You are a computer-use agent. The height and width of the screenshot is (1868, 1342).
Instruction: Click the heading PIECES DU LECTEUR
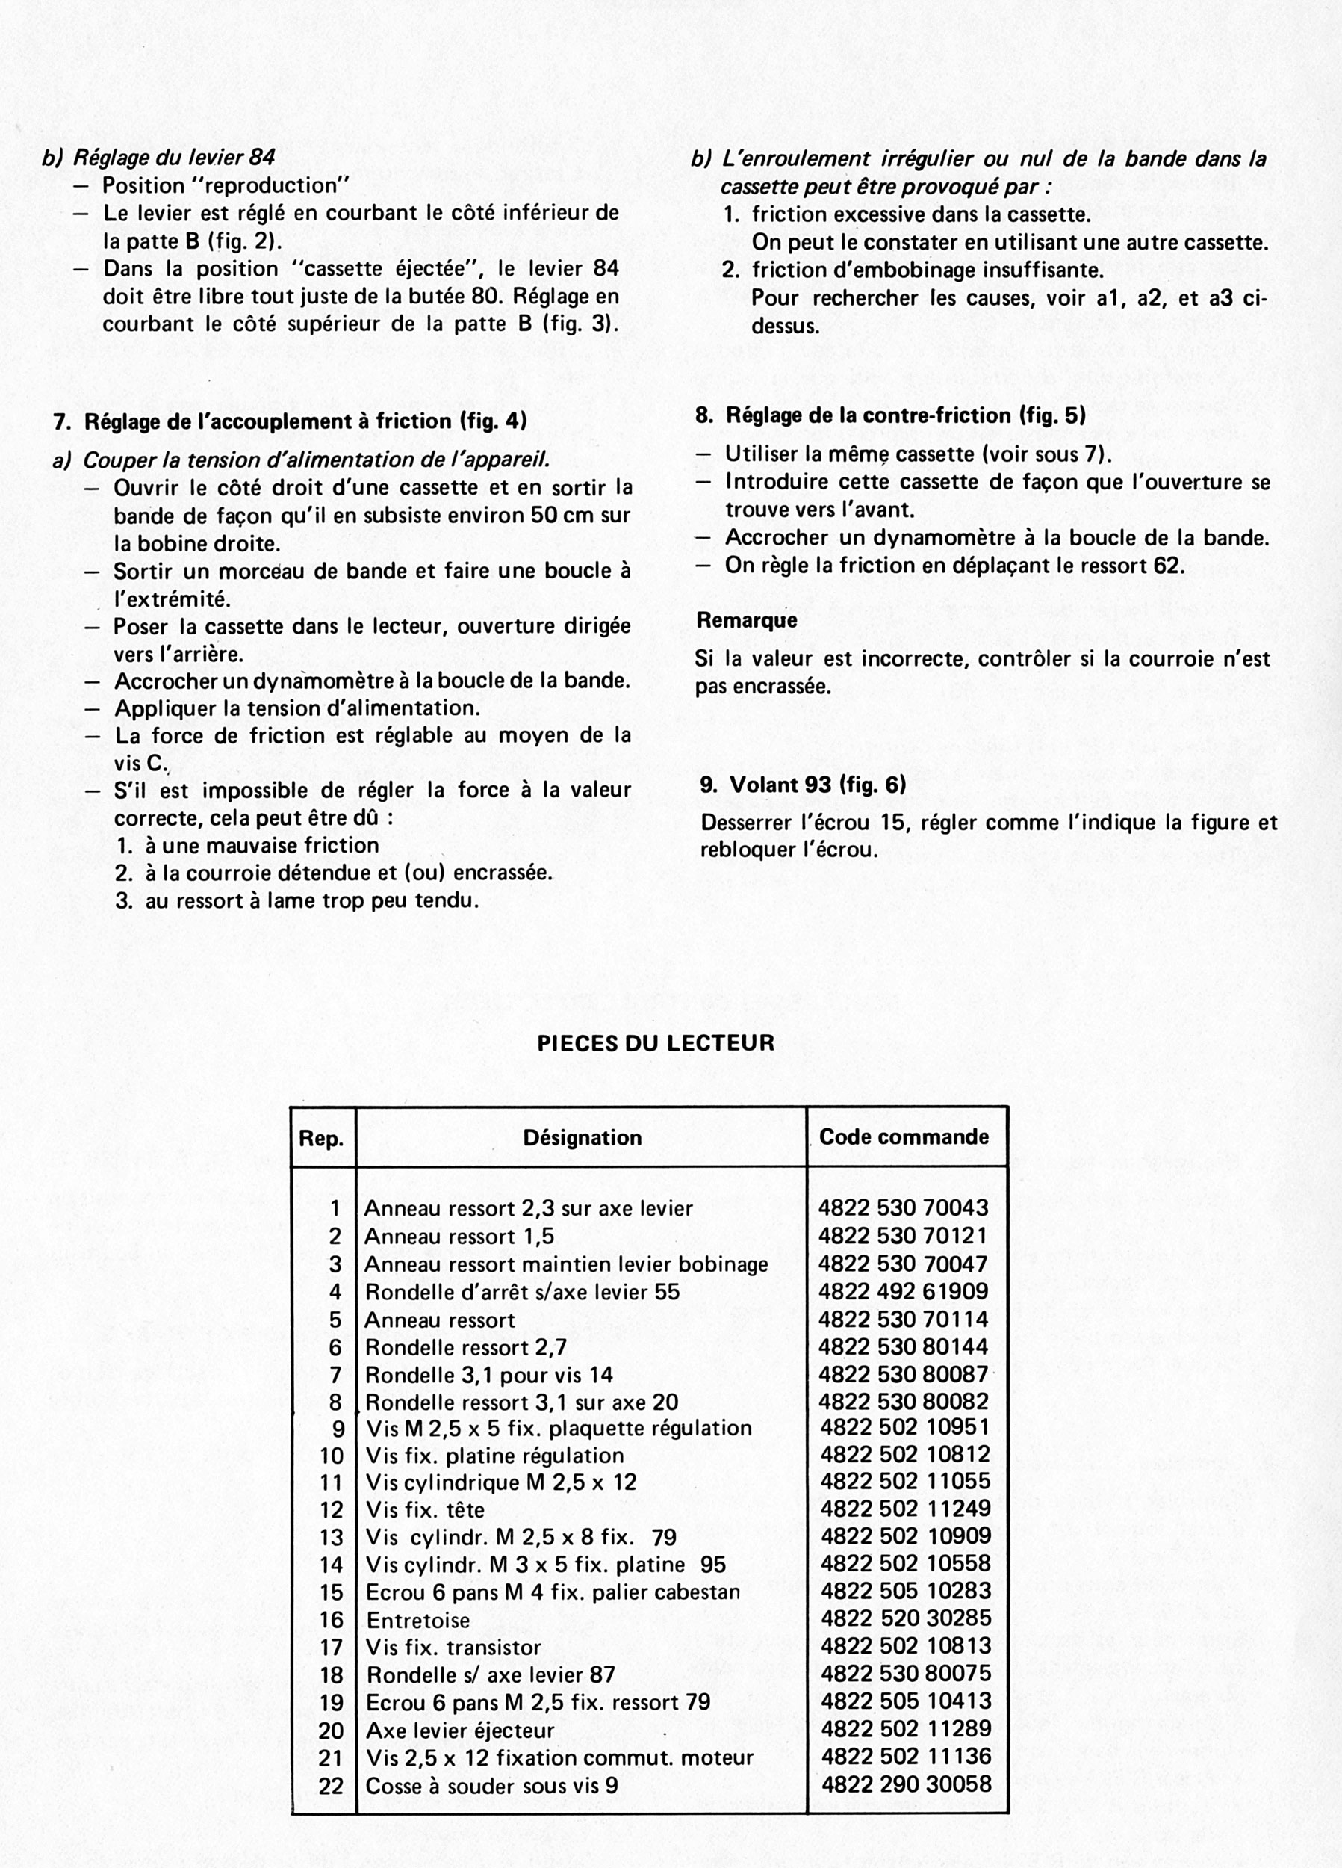click(656, 1043)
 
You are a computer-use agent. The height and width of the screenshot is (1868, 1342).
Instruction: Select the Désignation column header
click(582, 1137)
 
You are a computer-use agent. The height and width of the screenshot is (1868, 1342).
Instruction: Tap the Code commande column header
click(904, 1136)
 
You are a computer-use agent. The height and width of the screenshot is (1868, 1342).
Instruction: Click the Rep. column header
click(321, 1138)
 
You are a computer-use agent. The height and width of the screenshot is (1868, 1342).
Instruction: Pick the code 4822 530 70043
click(903, 1208)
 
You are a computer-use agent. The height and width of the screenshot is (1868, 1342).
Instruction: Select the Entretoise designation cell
click(418, 1620)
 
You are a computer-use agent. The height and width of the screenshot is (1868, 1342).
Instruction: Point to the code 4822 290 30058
click(907, 1784)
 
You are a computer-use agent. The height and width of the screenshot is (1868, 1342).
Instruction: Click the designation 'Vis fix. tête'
click(425, 1510)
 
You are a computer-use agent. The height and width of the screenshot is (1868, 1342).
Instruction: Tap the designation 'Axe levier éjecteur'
click(460, 1730)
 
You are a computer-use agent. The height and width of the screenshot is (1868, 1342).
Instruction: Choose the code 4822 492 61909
click(903, 1290)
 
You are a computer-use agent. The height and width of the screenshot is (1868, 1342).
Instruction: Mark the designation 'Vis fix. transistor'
click(453, 1648)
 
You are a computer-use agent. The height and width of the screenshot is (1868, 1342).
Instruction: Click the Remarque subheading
click(747, 620)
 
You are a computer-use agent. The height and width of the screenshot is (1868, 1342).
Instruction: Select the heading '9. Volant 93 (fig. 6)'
click(803, 784)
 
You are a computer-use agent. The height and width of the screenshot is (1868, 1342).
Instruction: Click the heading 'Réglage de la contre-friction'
click(890, 415)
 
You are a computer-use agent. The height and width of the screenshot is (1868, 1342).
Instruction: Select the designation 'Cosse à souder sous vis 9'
click(491, 1785)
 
